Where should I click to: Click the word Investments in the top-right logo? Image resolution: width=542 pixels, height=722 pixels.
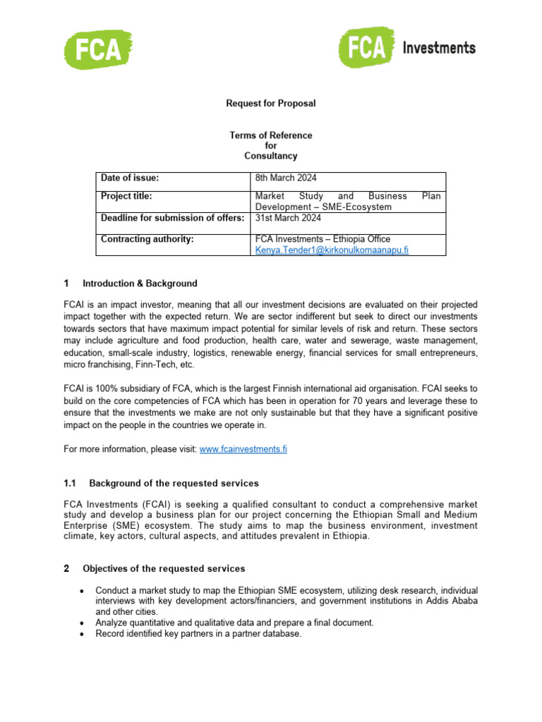click(438, 48)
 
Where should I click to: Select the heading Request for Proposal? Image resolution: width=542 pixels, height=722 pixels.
click(270, 104)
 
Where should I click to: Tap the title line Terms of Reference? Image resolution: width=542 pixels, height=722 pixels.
click(270, 135)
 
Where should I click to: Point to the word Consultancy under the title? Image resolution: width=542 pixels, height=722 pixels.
click(270, 156)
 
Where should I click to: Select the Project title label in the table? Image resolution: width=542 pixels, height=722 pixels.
click(127, 196)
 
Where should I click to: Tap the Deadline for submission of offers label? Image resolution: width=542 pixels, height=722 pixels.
click(172, 217)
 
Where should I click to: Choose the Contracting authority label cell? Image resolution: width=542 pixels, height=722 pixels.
click(147, 239)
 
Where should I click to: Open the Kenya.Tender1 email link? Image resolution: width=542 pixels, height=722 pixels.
click(332, 250)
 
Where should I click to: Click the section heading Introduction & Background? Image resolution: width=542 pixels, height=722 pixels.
click(140, 283)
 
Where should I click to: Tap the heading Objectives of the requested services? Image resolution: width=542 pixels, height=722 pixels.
click(164, 568)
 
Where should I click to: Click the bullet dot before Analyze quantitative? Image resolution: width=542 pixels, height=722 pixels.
click(83, 623)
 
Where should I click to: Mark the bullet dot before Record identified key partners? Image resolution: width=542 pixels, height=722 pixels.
click(83, 634)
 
